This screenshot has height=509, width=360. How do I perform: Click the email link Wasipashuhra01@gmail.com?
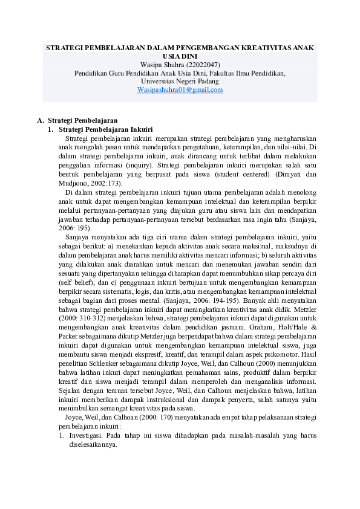pyautogui.click(x=180, y=89)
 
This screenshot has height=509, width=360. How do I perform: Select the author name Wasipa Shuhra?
pyautogui.click(x=159, y=64)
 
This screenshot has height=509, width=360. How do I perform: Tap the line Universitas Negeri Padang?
pyautogui.click(x=180, y=81)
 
